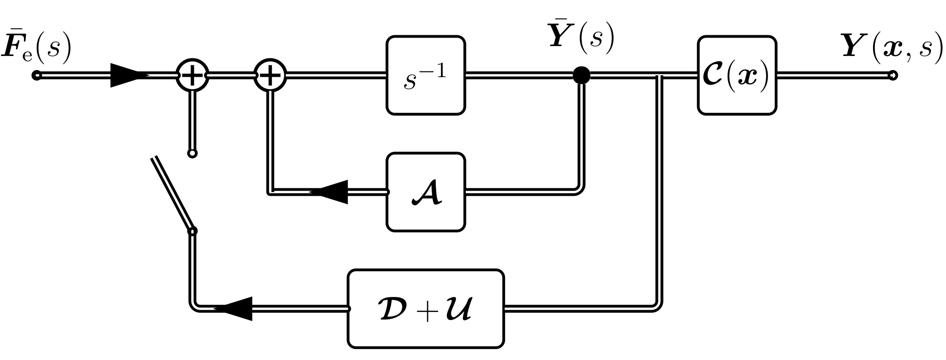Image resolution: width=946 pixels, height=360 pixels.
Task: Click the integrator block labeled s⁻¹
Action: (425, 75)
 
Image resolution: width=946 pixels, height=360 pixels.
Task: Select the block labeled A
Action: (425, 192)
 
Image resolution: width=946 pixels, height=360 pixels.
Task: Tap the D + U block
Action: (425, 309)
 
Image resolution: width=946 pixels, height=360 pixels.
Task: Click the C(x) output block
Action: (737, 75)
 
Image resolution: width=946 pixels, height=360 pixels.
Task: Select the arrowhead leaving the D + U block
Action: (236, 309)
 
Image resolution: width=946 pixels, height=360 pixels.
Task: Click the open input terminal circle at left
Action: (37, 75)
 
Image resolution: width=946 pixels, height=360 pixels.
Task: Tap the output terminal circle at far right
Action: (892, 75)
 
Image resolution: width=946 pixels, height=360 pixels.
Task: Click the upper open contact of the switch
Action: (192, 153)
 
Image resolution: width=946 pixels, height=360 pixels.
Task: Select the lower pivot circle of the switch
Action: (192, 231)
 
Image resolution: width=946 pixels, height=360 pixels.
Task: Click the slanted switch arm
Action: (172, 193)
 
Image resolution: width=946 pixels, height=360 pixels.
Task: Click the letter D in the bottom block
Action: (393, 310)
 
